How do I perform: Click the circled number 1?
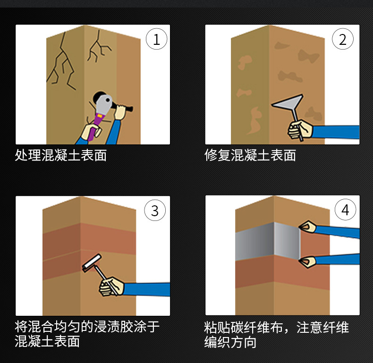click(156, 39)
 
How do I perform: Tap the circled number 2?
click(343, 39)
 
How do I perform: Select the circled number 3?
click(155, 210)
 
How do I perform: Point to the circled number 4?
click(345, 209)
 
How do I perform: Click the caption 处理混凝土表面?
click(60, 156)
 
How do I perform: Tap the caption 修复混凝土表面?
click(250, 156)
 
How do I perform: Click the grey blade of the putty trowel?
click(288, 103)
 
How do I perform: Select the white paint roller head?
click(92, 262)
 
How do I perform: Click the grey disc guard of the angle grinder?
click(104, 103)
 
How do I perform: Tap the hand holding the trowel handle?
click(300, 130)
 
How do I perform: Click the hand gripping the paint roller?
click(111, 286)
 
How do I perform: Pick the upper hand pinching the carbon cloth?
click(307, 227)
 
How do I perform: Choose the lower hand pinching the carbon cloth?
click(307, 262)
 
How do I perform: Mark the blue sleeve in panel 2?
click(336, 132)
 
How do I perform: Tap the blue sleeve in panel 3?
click(147, 289)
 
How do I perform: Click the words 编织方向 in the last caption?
click(230, 342)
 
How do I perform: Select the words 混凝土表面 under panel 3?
click(47, 341)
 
